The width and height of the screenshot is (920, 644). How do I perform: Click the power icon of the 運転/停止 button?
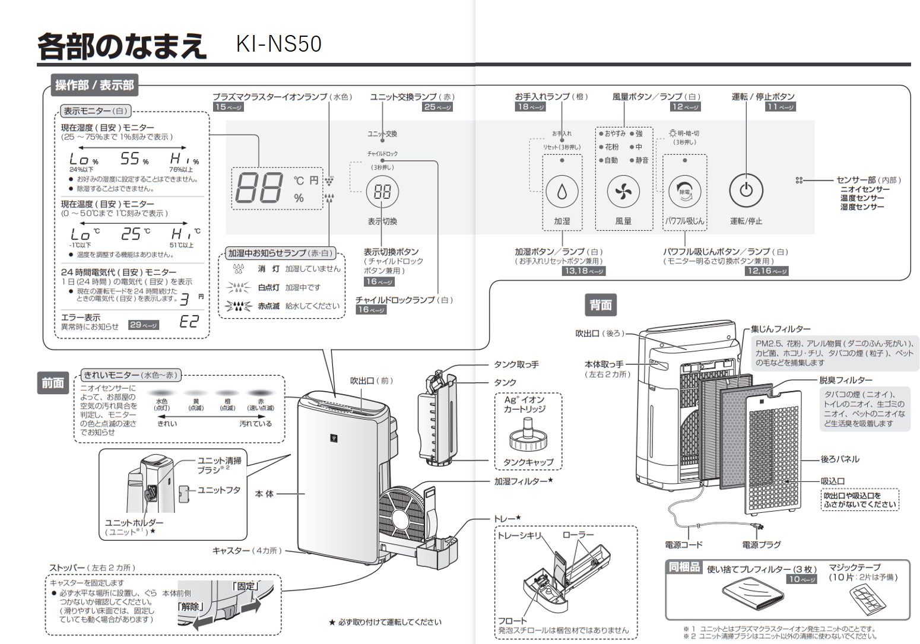pos(745,191)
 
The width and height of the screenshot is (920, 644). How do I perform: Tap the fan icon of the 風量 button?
pos(623,192)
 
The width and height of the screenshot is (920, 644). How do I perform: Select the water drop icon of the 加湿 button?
pos(561,192)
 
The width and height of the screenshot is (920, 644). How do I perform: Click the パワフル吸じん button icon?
pos(684,192)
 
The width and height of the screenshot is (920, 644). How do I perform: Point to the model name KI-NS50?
pos(278,44)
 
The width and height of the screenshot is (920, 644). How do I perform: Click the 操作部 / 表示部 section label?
pos(94,85)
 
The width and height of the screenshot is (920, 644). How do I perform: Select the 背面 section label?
pos(600,305)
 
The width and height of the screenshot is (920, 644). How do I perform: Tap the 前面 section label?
pos(52,383)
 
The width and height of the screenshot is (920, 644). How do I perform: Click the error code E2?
pos(189,322)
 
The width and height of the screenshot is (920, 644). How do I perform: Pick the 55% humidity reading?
pos(134,159)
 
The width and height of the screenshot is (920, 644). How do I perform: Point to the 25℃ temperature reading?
pos(135,234)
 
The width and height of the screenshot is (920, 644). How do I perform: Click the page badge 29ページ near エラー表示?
pos(144,325)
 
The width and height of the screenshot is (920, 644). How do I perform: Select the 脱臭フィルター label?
pos(845,380)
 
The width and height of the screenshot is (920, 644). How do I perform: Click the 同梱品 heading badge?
pos(684,567)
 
